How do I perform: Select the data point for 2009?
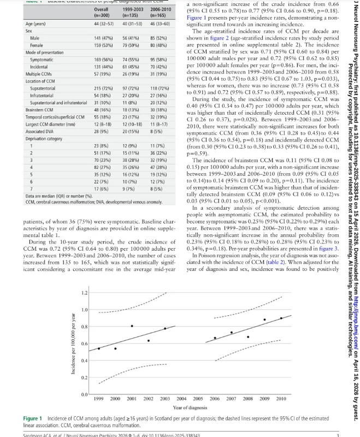coord(265,320)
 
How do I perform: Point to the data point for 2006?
coord(215,338)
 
